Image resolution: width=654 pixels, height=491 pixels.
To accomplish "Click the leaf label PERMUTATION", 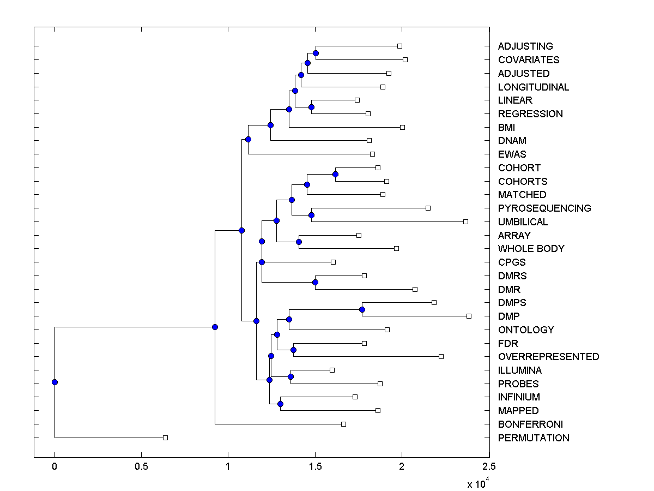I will coord(533,438).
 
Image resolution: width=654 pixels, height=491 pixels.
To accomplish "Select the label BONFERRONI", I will coord(530,424).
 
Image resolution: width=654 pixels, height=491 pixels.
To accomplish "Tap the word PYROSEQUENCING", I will coord(544,208).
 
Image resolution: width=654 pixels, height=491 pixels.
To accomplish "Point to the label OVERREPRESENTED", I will coord(548,357).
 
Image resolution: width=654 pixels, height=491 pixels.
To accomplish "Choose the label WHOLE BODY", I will coord(531,249).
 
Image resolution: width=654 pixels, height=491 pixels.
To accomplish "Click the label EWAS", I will coord(512,154).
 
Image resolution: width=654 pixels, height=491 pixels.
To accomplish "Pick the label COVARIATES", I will coord(528,60).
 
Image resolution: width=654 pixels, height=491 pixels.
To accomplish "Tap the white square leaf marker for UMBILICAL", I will coord(465,221).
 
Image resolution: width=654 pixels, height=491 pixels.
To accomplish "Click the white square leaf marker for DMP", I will coord(469,316).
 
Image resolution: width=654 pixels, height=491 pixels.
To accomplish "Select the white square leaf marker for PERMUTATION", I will coord(166,438).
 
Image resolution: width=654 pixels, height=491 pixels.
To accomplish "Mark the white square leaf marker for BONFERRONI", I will coord(343,424).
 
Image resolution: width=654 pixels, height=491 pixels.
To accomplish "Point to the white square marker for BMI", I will coord(402,127).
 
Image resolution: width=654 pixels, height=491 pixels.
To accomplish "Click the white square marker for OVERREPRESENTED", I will coord(441,356).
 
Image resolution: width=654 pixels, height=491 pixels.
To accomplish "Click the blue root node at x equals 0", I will coord(55,382).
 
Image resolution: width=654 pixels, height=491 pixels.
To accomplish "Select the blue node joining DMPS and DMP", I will coord(362,309).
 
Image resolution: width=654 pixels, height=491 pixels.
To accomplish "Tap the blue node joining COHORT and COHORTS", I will coord(335,174).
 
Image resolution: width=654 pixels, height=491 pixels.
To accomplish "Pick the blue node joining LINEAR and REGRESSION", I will coord(311,107).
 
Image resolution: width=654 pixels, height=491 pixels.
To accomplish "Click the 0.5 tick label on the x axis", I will coord(141,467).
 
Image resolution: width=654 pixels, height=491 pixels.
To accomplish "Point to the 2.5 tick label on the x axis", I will coord(489,467).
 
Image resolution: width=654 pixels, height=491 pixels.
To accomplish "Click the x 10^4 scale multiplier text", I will coord(479,483).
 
